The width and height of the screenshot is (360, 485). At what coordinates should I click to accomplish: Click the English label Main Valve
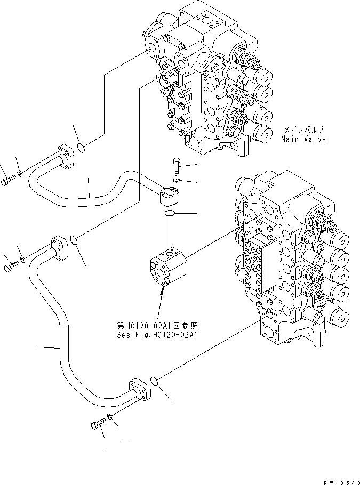click(303, 140)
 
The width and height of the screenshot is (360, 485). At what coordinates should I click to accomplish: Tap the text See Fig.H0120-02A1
click(157, 335)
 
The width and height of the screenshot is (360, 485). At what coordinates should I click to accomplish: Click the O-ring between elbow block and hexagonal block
click(170, 214)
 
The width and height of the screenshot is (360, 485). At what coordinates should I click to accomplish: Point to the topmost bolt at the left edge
click(6, 182)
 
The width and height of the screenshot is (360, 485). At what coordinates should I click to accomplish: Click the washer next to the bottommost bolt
click(110, 417)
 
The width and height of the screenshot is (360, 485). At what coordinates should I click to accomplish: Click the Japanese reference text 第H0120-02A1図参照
click(157, 325)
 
